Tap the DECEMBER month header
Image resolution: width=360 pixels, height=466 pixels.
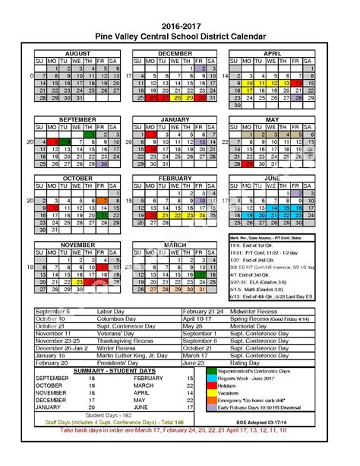(x=175, y=53)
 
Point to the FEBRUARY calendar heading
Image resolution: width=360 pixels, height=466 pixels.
(x=175, y=178)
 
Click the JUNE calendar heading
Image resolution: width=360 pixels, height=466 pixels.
(x=271, y=178)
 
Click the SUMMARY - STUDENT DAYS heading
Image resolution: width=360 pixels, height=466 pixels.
(x=105, y=370)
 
